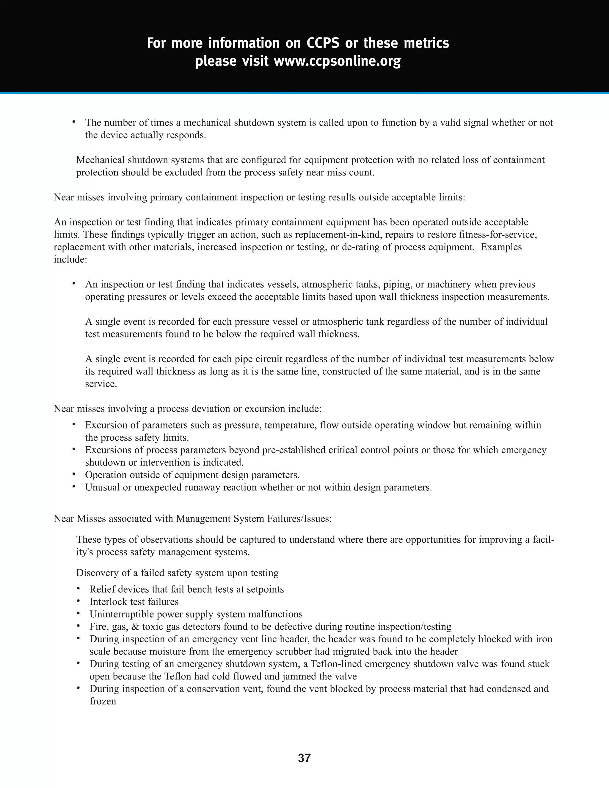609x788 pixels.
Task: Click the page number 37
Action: tap(304, 758)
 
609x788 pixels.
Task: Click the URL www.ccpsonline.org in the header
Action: tap(337, 61)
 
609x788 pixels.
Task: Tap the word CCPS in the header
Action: tap(323, 43)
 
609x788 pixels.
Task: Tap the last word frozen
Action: tap(103, 701)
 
